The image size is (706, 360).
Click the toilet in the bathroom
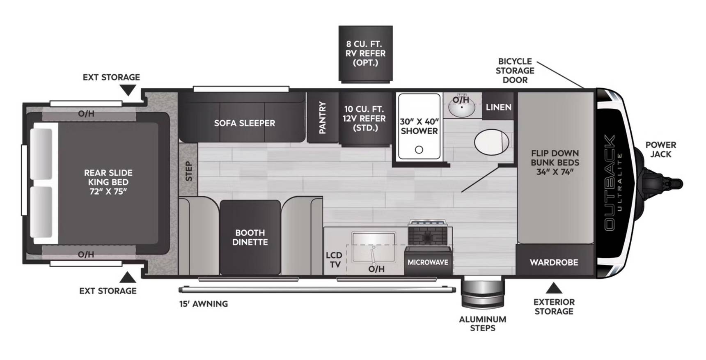click(x=492, y=142)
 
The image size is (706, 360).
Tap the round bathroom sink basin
click(x=462, y=107)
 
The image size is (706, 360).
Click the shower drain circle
click(x=419, y=149)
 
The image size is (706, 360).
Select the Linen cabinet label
click(x=499, y=107)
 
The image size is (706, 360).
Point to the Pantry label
click(x=323, y=117)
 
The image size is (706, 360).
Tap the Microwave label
click(x=428, y=262)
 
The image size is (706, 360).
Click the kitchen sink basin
click(x=374, y=247)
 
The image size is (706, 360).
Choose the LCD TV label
click(x=334, y=260)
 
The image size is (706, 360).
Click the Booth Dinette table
click(x=250, y=237)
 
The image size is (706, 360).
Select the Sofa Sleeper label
click(x=245, y=123)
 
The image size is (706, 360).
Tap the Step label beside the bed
click(x=188, y=171)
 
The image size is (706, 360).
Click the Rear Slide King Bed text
click(x=108, y=182)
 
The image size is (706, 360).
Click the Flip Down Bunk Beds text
click(x=555, y=163)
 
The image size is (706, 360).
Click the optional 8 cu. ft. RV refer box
click(x=365, y=53)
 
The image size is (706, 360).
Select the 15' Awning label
click(x=204, y=304)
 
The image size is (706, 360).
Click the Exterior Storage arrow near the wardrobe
click(x=554, y=287)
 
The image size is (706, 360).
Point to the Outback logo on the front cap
click(x=610, y=183)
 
